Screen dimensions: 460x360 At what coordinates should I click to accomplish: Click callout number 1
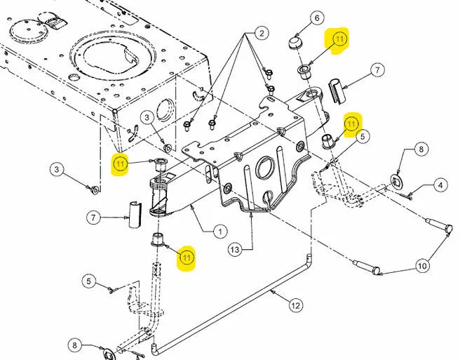[220, 232]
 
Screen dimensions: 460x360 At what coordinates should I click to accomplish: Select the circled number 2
[262, 33]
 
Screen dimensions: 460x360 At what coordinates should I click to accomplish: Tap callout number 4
[440, 185]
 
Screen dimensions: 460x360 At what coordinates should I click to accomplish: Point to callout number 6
[317, 18]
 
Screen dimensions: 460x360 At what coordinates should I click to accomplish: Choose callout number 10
[422, 266]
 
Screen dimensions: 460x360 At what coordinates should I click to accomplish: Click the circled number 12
[295, 306]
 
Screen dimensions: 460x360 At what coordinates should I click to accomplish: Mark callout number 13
[235, 250]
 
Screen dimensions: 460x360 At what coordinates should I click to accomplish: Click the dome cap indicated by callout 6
[295, 44]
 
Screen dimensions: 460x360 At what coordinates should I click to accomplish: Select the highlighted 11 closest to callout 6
[339, 39]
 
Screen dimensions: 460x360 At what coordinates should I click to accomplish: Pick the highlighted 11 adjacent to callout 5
[351, 124]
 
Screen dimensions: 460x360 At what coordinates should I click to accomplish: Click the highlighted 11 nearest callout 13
[187, 258]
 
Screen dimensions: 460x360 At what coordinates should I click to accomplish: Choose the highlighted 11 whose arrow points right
[121, 164]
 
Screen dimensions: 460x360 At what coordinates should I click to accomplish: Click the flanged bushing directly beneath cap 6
[304, 71]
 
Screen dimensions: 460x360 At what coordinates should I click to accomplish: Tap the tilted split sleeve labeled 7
[337, 91]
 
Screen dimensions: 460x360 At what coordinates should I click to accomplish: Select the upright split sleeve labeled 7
[135, 214]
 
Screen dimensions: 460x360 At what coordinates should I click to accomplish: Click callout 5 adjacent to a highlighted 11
[363, 137]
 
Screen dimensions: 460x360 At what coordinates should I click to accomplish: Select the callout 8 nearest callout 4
[421, 149]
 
